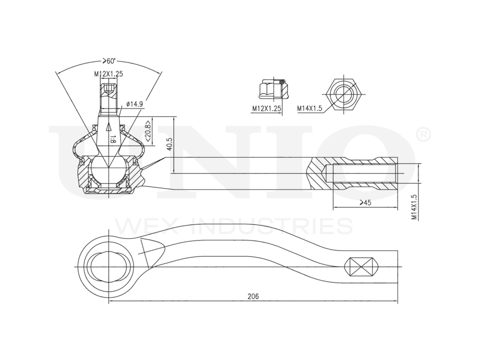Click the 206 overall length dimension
tap(253, 297)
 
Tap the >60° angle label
tap(109, 61)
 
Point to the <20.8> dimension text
tap(148, 130)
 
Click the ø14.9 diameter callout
tap(135, 104)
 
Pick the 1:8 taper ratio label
tap(112, 140)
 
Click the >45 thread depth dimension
tap(365, 203)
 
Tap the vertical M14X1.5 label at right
tap(414, 207)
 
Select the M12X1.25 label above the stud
tap(109, 74)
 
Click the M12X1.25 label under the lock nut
tap(266, 108)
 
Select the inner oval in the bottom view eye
tap(109, 267)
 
